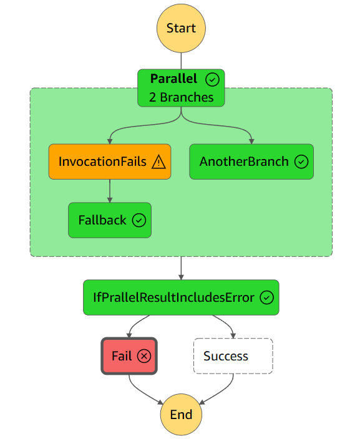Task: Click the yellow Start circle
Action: [181, 28]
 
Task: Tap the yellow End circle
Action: [181, 414]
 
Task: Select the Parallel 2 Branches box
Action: [181, 88]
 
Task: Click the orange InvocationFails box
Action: [110, 162]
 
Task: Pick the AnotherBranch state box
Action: [251, 162]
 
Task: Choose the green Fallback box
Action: [110, 220]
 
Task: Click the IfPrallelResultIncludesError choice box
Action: [181, 297]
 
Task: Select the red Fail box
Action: [129, 356]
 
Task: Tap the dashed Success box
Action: [233, 356]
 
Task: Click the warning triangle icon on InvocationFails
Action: [158, 162]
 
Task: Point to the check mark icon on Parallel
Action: [212, 80]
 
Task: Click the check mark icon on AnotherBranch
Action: [301, 162]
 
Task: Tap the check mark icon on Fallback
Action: [139, 220]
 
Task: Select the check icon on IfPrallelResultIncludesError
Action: [266, 297]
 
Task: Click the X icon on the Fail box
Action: [144, 356]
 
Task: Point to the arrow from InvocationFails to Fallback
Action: [110, 191]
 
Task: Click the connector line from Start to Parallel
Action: [181, 61]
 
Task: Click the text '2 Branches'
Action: [181, 97]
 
